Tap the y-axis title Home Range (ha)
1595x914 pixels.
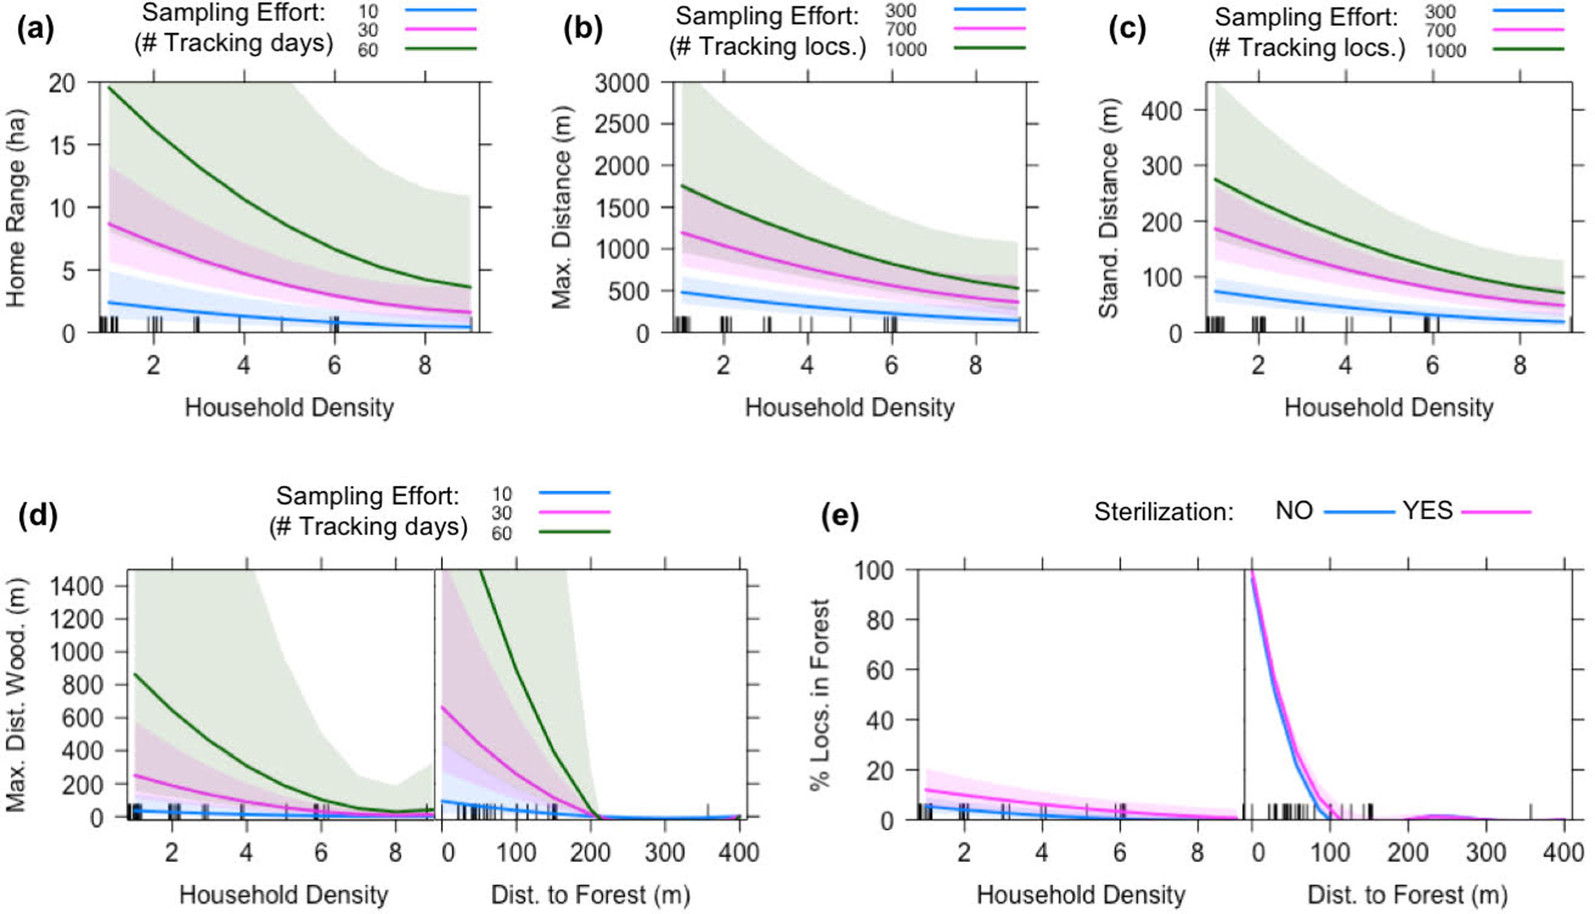click(x=16, y=208)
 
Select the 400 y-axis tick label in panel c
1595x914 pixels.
click(x=1161, y=110)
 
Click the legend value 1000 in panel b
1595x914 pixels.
click(x=906, y=49)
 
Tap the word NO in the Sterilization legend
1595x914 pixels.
click(x=1294, y=511)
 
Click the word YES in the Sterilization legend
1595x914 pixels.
click(x=1427, y=511)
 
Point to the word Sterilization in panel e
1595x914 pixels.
click(x=1164, y=512)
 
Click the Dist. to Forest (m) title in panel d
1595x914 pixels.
click(x=590, y=894)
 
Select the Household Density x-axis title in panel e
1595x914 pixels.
click(x=1081, y=894)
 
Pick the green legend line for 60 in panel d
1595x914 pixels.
click(x=574, y=532)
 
